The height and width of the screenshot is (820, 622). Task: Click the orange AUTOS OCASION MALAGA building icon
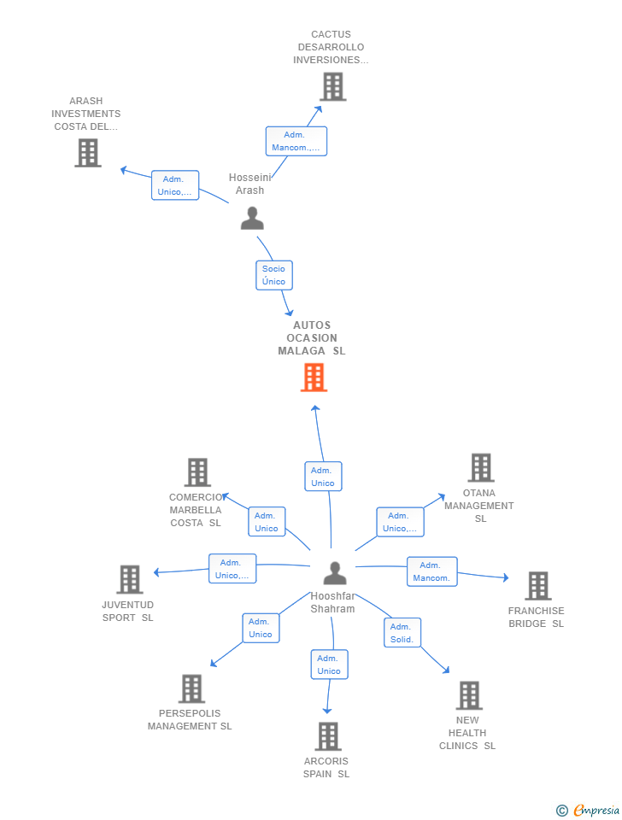[314, 377]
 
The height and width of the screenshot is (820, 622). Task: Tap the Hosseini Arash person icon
[252, 218]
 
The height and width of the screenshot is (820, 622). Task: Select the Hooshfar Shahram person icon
[335, 573]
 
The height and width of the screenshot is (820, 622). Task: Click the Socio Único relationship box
[274, 275]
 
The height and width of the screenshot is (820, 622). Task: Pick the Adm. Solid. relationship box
[402, 633]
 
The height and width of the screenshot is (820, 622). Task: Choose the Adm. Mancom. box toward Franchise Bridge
[432, 571]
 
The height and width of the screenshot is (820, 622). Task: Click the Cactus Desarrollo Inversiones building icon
[333, 87]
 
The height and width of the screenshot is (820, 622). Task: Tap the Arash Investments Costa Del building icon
[88, 153]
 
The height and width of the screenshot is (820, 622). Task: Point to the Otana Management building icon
[481, 467]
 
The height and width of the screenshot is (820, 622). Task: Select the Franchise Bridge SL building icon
[538, 586]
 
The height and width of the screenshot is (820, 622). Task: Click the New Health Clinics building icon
[469, 695]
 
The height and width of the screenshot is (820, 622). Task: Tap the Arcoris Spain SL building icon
[329, 736]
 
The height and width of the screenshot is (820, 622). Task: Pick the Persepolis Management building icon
[192, 688]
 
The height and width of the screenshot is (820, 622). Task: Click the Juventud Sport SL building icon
[130, 579]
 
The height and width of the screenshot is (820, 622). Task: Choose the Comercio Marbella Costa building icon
[197, 472]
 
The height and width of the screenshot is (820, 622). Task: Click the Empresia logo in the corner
[588, 810]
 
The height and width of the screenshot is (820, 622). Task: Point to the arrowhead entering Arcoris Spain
[327, 711]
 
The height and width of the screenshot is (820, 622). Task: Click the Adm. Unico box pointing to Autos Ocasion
[323, 477]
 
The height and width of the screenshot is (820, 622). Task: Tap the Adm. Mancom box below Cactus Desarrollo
[296, 141]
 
